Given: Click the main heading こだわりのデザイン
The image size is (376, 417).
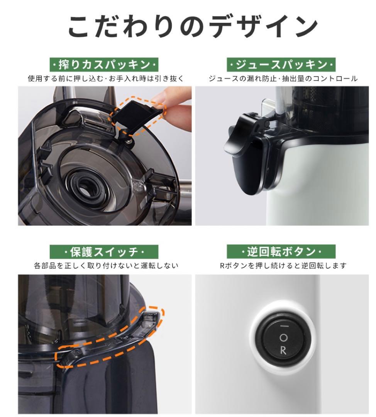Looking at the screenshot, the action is pos(193,26).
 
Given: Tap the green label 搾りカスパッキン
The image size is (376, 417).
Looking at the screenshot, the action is pos(104,64).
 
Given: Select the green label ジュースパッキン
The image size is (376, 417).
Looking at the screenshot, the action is pos(281,64).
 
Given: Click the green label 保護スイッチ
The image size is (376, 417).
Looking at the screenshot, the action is pos(104,252).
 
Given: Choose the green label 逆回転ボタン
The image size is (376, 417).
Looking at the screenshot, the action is pos(281,252).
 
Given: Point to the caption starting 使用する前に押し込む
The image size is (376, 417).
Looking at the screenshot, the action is pos(105,79).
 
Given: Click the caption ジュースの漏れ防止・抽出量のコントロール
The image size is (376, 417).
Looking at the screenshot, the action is pos(283,79).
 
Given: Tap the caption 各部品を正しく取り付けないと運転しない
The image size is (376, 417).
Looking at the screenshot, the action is pos(106,266).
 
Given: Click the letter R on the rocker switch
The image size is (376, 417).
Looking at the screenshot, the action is pos(283,351).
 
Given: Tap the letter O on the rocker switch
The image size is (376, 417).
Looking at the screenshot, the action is pos(284,338).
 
